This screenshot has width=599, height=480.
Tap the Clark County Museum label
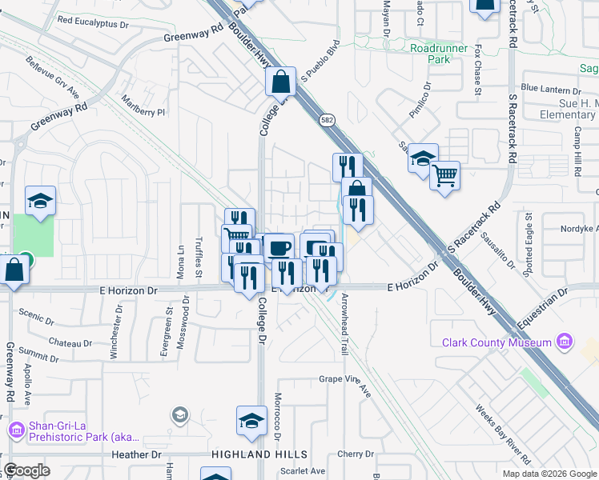pos(496,342)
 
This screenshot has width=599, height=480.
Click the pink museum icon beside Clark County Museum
pos(565,342)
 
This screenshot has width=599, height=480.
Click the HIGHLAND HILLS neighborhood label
pos(249,454)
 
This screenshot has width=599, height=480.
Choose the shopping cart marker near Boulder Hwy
pos(445,174)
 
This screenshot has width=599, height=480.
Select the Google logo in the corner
pos(26,470)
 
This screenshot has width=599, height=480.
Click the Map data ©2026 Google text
pos(549,474)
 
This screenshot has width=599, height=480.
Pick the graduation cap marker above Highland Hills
pos(251,421)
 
